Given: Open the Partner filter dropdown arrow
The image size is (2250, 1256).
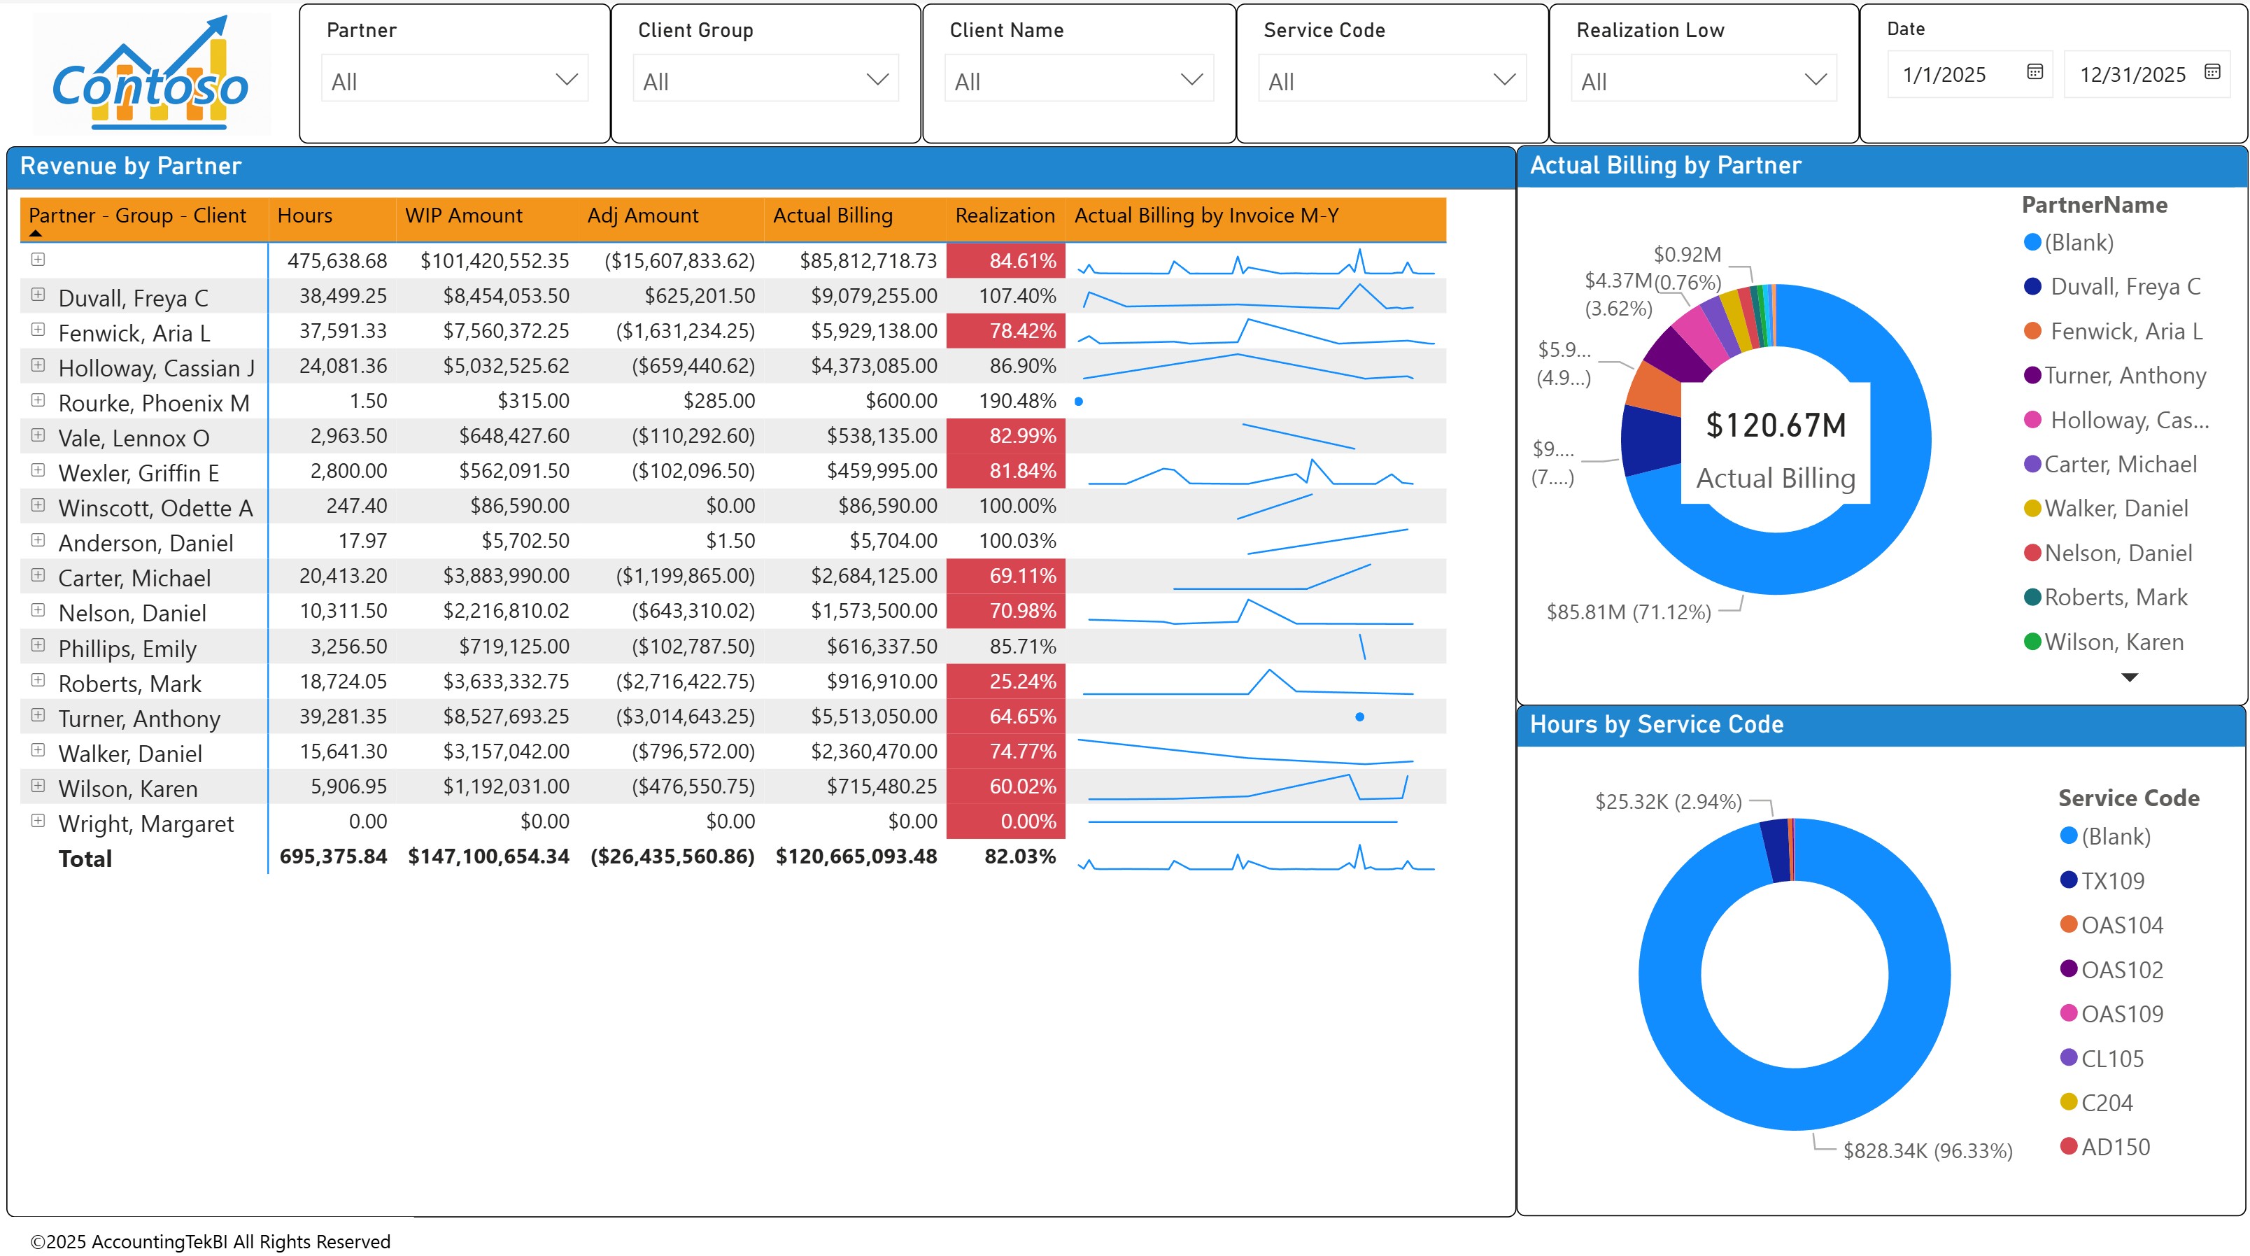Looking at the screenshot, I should (x=566, y=80).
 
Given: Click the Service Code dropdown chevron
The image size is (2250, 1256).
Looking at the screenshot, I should (x=1503, y=80).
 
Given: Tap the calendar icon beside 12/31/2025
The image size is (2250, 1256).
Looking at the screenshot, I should (x=2212, y=73).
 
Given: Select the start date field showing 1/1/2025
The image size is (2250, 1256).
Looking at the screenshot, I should (x=1944, y=75).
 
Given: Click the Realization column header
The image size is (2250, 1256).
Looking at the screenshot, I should (x=1005, y=216).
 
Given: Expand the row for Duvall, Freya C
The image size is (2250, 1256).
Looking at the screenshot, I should (x=38, y=295).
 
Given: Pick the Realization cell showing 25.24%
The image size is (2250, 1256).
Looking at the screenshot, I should (x=1022, y=682).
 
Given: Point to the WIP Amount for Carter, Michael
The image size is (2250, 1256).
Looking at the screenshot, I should (x=506, y=577).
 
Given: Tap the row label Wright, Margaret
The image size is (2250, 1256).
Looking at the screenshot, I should (x=146, y=824).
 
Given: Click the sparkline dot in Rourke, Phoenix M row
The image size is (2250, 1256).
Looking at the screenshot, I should (x=1079, y=402).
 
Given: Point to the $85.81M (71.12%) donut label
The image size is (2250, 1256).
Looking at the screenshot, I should (x=1628, y=612).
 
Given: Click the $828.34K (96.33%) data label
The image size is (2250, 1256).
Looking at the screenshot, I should (x=1927, y=1150).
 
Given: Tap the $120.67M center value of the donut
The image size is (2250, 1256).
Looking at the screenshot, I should (x=1776, y=425).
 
